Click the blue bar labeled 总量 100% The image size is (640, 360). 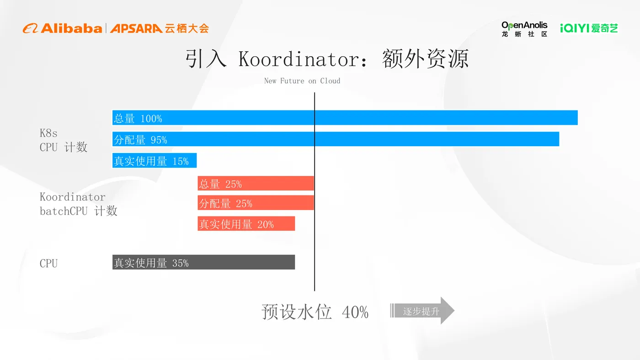point(345,118)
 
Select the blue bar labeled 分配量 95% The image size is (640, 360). point(336,139)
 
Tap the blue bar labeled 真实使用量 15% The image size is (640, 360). point(155,160)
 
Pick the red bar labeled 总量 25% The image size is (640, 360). point(256,183)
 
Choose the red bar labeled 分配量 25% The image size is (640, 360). point(256,203)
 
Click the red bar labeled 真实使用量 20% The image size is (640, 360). point(246,223)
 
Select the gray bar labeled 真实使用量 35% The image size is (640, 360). point(204,262)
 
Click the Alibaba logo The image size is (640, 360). point(63,28)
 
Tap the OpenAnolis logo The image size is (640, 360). point(524,29)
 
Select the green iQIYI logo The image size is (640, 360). point(589,28)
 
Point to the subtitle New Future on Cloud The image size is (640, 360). point(302,81)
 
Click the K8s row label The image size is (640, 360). point(49,133)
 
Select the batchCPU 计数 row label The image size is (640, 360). point(79,211)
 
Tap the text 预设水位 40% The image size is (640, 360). point(315,312)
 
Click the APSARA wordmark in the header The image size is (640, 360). point(136,28)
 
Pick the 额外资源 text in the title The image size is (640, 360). point(425,60)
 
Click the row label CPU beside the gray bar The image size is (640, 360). point(49,263)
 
